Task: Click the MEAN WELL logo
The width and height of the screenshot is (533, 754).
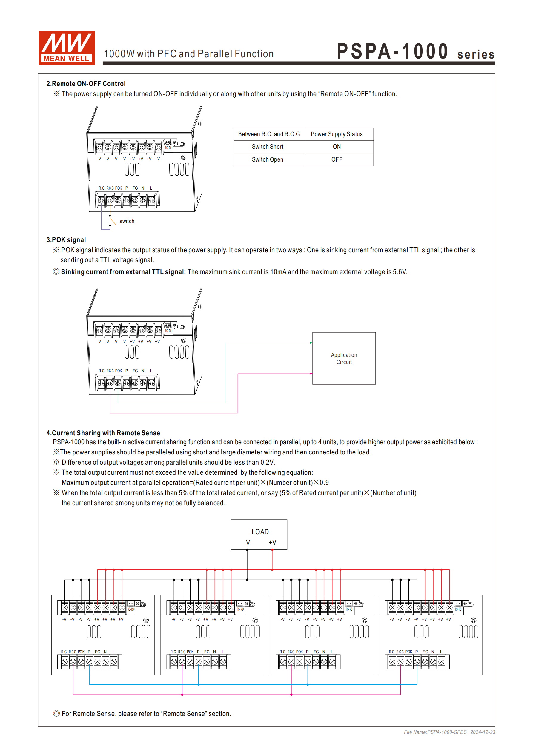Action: (x=66, y=48)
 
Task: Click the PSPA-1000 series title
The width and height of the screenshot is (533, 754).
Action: (x=415, y=52)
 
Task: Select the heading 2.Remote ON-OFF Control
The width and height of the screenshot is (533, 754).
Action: (x=86, y=83)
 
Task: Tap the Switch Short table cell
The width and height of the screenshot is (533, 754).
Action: (x=267, y=147)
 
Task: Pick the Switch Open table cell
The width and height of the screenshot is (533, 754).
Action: (x=267, y=159)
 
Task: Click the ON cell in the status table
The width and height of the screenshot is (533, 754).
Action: (x=337, y=147)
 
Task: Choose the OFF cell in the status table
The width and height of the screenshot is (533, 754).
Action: (x=337, y=159)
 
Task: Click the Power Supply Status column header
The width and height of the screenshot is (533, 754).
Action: (x=337, y=134)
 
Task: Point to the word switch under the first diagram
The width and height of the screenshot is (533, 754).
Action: (x=127, y=221)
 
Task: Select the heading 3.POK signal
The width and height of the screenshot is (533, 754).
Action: (x=66, y=240)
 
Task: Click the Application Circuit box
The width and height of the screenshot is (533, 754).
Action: (x=344, y=358)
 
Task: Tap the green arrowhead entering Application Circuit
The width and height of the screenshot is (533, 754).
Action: (x=311, y=343)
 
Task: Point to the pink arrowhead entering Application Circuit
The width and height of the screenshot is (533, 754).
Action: (x=311, y=374)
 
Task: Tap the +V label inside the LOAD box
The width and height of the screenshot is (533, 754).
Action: (x=272, y=543)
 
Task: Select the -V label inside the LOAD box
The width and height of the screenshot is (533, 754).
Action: (x=247, y=543)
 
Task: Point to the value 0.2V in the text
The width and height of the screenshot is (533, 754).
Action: (x=267, y=462)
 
